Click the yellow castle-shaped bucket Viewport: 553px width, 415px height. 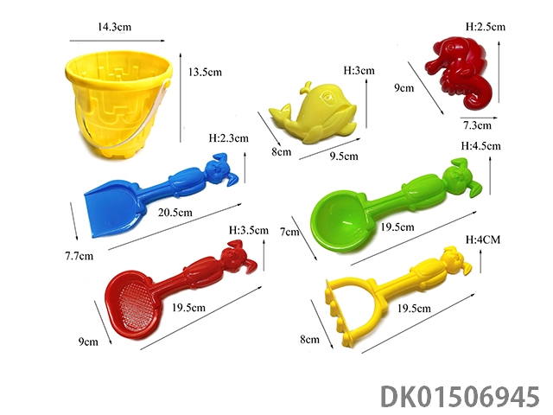click(118, 104)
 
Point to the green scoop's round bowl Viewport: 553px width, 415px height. click(336, 221)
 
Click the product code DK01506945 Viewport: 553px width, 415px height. click(460, 397)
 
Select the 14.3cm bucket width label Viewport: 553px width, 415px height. click(114, 27)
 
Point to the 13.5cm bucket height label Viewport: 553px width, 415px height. click(205, 73)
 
